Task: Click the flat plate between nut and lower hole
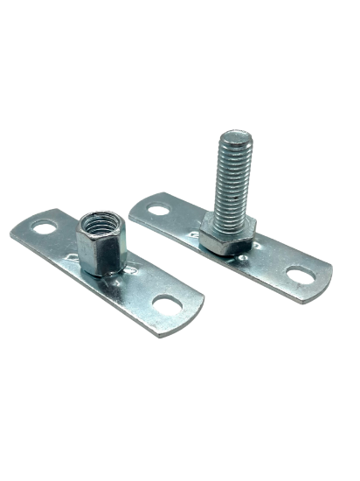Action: click(x=140, y=293)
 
